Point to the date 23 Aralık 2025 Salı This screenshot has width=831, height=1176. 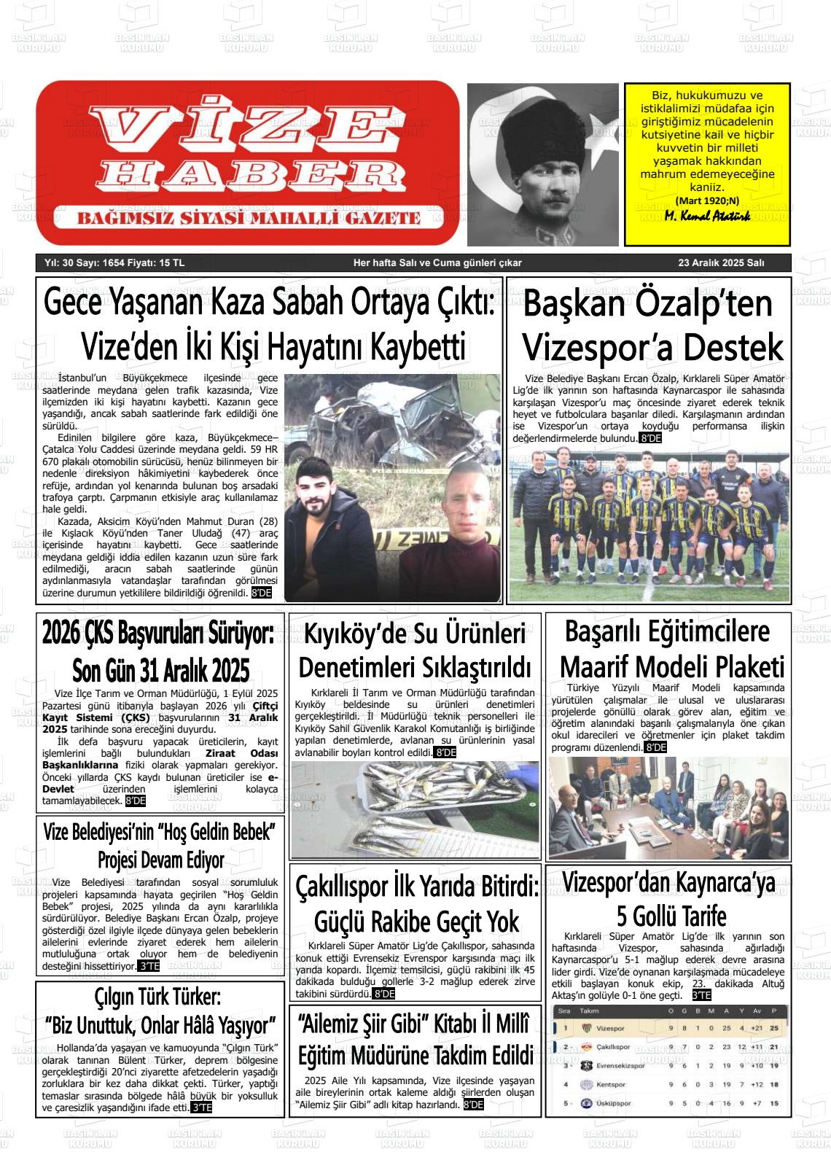[x=721, y=263]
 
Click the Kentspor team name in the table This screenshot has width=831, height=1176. [x=611, y=1084]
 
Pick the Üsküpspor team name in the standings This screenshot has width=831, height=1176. [x=614, y=1103]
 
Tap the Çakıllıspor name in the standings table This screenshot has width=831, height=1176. [x=613, y=1047]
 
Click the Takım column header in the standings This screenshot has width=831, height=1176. [x=589, y=1011]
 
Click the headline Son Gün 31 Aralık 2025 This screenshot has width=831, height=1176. [x=160, y=669]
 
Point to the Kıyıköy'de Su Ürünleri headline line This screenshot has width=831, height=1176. [x=415, y=634]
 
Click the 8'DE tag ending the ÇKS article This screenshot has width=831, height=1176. [x=136, y=801]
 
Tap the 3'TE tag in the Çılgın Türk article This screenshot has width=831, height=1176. [x=201, y=1107]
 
